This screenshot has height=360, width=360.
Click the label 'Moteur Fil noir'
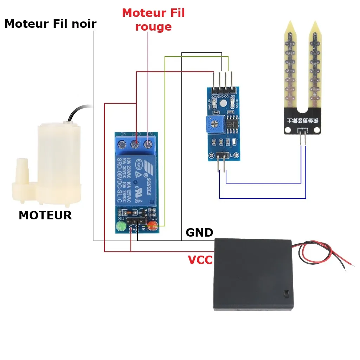[50, 24]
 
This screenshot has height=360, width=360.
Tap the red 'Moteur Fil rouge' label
[153, 20]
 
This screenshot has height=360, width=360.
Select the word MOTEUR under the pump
[45, 215]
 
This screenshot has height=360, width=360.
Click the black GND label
[199, 232]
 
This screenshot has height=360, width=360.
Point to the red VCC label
[200, 260]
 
